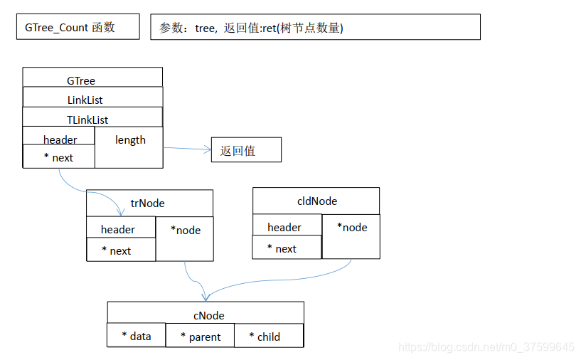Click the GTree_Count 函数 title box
tap(78, 28)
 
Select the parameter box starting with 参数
tap(315, 28)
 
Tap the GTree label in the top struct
tap(81, 80)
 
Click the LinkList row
tap(85, 100)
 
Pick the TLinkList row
tap(87, 120)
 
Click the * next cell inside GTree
tap(59, 157)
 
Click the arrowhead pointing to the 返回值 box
tap(208, 150)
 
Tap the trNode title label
tap(148, 203)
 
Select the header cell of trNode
tap(119, 228)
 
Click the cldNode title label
tap(316, 201)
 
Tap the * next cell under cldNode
tap(287, 248)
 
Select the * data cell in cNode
tap(137, 336)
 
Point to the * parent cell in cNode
tap(201, 337)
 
